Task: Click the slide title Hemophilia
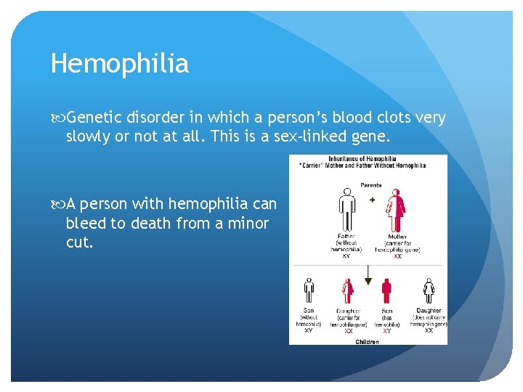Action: (x=120, y=64)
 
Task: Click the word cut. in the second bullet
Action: (x=80, y=242)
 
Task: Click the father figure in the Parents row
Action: (x=346, y=211)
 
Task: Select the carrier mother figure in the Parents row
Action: (x=397, y=211)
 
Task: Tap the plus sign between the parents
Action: (x=372, y=200)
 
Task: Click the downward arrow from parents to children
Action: (x=368, y=274)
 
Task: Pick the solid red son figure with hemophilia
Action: (x=386, y=291)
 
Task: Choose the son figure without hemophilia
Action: (x=309, y=291)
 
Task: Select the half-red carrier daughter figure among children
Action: (x=348, y=291)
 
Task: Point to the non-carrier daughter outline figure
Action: (x=429, y=291)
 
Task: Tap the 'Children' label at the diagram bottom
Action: (x=367, y=342)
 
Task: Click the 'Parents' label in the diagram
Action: (x=370, y=185)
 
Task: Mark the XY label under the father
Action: (x=346, y=256)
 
